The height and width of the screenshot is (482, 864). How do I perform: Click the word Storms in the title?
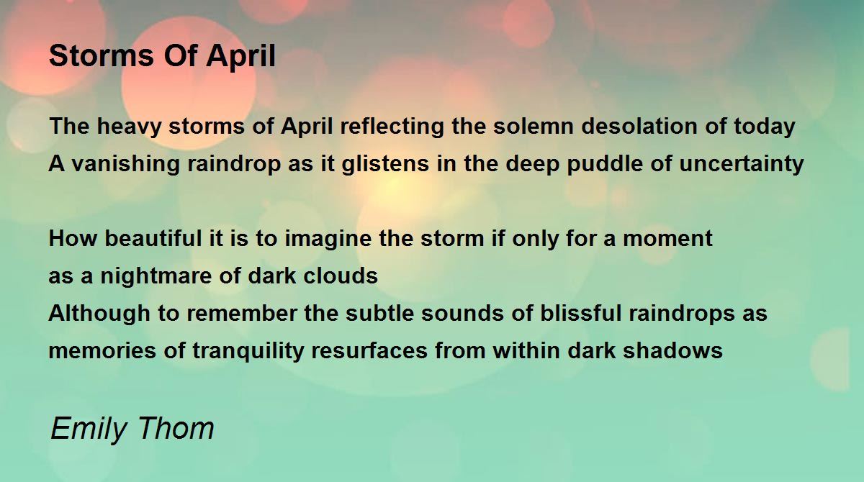(x=102, y=55)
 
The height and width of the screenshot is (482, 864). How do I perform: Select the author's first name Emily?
(x=89, y=428)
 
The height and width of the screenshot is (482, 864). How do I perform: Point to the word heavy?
(x=129, y=127)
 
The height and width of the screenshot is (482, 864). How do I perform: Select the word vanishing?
(x=126, y=164)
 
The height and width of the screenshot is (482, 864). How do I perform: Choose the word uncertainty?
(x=742, y=164)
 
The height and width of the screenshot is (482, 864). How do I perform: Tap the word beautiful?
(x=153, y=239)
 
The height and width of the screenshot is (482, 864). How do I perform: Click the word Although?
(x=99, y=314)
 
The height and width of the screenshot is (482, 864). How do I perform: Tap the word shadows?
(x=672, y=350)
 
